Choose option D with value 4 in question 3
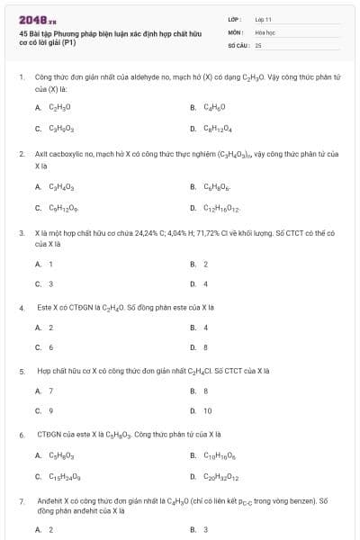point(206,283)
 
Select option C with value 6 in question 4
point(50,346)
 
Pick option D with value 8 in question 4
point(206,346)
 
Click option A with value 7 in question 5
point(50,390)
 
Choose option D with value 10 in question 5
point(208,410)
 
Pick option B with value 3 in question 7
point(206,529)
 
